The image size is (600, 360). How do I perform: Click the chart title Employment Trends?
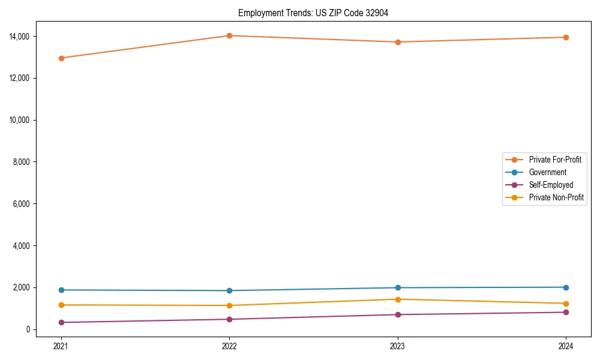[313, 13]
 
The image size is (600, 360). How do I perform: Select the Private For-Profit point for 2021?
[61, 58]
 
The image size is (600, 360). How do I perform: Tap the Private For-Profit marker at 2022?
[229, 35]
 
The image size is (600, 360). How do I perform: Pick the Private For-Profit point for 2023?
[398, 42]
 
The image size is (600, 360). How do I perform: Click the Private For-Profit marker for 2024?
[566, 37]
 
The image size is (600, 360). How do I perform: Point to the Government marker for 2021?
[61, 290]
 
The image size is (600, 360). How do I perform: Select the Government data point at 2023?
[398, 287]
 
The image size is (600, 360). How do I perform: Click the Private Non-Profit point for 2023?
[398, 299]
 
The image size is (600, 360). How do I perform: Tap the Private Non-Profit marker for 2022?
[229, 305]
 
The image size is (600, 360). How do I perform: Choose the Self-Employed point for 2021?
[61, 322]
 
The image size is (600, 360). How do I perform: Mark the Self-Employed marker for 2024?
[566, 312]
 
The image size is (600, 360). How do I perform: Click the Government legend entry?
[547, 172]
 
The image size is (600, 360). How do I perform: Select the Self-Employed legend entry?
[551, 185]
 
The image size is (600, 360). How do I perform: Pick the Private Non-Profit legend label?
[556, 197]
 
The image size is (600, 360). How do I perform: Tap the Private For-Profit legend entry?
[555, 160]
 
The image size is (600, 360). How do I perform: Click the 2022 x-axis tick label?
[229, 346]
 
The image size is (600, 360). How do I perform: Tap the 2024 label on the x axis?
[566, 346]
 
